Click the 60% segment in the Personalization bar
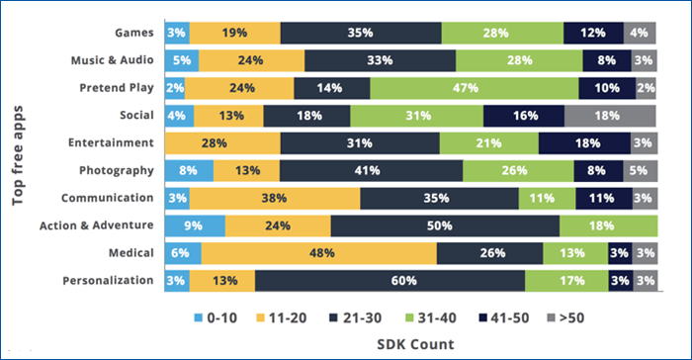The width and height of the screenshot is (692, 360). click(x=389, y=280)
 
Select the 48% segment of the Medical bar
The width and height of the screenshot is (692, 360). click(x=319, y=252)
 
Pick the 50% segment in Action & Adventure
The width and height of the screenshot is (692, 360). click(x=444, y=225)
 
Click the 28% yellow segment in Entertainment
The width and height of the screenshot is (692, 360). click(x=222, y=142)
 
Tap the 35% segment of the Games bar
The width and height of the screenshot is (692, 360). click(x=361, y=33)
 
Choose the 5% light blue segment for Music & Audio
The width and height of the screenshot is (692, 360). click(x=182, y=60)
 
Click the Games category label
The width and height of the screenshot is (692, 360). click(x=133, y=33)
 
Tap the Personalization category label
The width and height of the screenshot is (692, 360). click(x=107, y=280)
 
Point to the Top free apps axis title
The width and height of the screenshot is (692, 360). click(x=19, y=148)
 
